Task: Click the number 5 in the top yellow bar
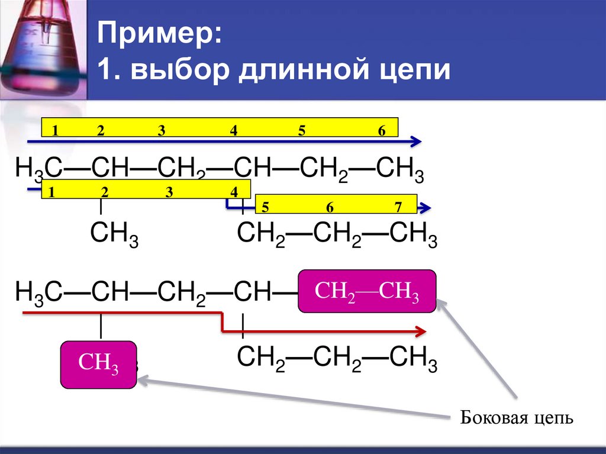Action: coord(302,131)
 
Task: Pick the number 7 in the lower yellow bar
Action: coord(398,207)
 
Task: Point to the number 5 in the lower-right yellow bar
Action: coord(265,207)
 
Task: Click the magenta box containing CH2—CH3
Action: coord(367,291)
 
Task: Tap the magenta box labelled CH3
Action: coord(99,365)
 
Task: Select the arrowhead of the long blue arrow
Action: coord(417,141)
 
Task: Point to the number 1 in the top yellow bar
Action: coord(54,131)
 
